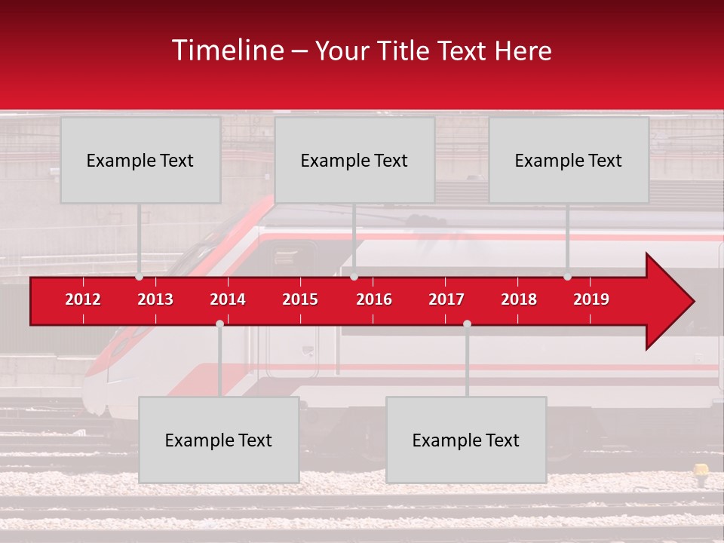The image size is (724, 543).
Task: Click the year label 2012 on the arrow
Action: pyautogui.click(x=83, y=299)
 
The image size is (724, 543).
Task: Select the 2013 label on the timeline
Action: pyautogui.click(x=155, y=299)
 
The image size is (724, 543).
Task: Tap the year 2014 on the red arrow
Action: pyautogui.click(x=228, y=299)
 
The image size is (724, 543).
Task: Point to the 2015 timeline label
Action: pyautogui.click(x=300, y=299)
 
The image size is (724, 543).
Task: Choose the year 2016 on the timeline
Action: pyautogui.click(x=374, y=299)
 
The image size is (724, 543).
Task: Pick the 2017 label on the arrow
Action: pyautogui.click(x=446, y=299)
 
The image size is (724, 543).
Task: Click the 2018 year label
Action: pyautogui.click(x=519, y=299)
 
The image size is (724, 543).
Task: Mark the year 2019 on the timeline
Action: pyautogui.click(x=591, y=299)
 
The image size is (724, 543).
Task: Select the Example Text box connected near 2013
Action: pyautogui.click(x=140, y=160)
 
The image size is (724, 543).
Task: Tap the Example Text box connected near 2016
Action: pyautogui.click(x=354, y=160)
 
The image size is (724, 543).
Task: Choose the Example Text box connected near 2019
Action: pyautogui.click(x=569, y=160)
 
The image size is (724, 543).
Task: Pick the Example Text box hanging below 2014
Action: pyautogui.click(x=219, y=440)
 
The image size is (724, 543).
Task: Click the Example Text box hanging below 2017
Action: pyautogui.click(x=466, y=440)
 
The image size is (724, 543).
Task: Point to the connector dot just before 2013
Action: pyautogui.click(x=139, y=277)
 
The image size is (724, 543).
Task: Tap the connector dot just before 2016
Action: pyautogui.click(x=354, y=277)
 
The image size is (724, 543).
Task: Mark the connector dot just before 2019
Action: pyautogui.click(x=567, y=277)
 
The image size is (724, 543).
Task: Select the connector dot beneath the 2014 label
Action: pyautogui.click(x=219, y=324)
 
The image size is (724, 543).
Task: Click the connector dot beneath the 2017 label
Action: pyautogui.click(x=467, y=324)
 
